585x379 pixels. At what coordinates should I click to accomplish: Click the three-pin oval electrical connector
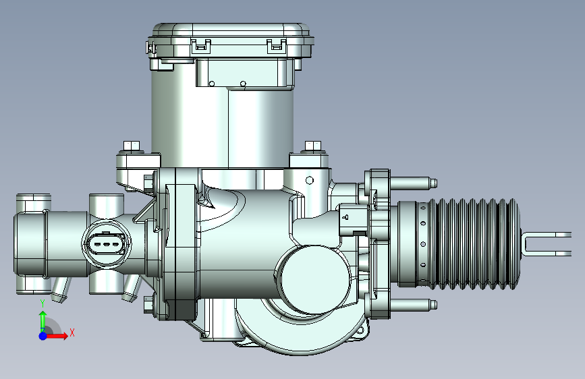pos(107,245)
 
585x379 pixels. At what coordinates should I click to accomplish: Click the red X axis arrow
pos(56,336)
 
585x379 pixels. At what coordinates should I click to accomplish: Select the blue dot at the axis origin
pos(43,336)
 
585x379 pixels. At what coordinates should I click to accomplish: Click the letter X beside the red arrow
pos(72,332)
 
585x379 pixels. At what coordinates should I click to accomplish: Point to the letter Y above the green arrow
pos(43,303)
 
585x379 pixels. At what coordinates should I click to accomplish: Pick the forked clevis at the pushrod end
pos(546,244)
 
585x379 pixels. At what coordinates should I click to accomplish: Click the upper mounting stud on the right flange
pos(413,183)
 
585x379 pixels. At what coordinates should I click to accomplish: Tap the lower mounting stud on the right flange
pos(413,305)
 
